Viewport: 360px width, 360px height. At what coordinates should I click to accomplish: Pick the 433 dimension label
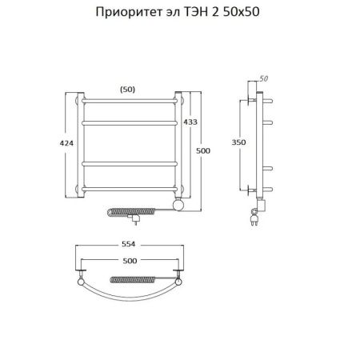190,122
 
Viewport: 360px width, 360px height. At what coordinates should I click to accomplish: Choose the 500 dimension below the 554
127,262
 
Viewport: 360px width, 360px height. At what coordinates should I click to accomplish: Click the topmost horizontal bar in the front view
128,101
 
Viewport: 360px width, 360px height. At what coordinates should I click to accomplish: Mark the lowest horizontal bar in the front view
128,189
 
